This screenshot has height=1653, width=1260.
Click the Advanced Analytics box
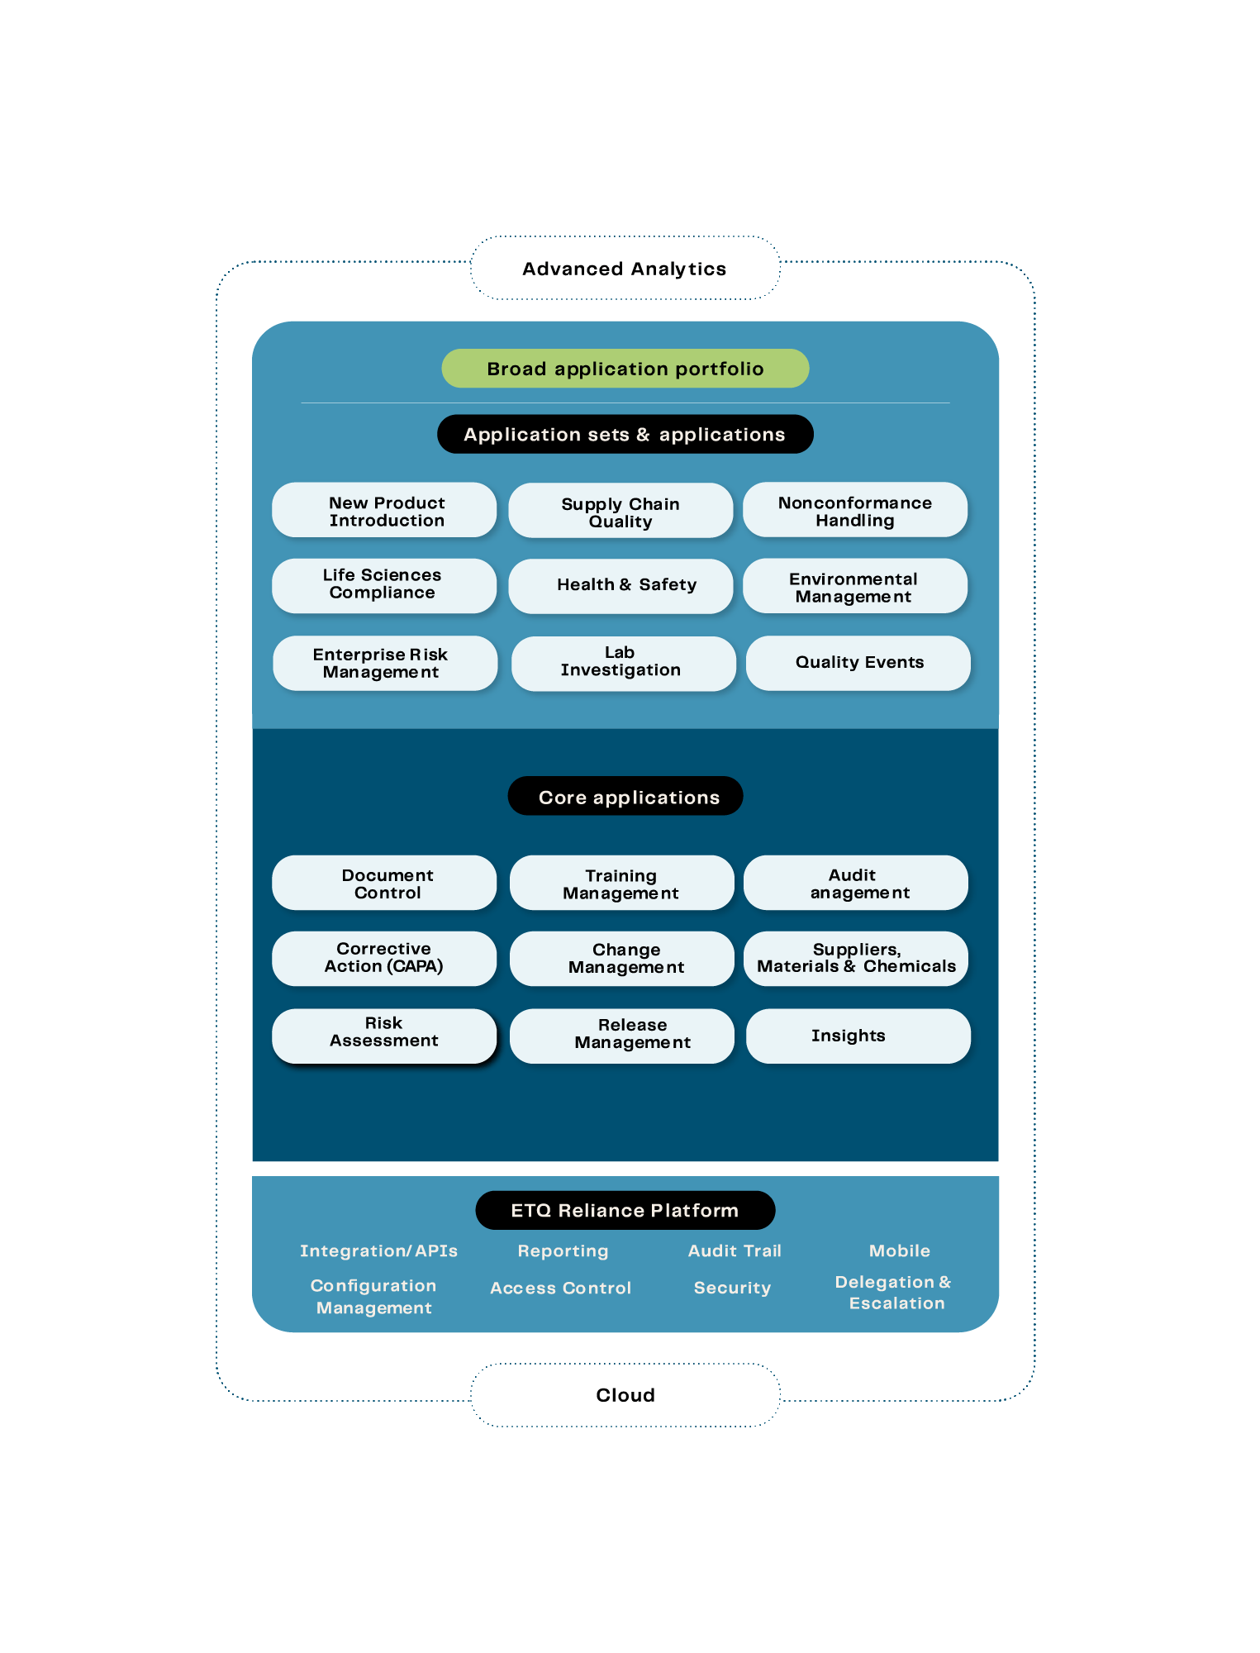click(x=625, y=269)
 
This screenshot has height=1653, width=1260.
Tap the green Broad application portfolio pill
click(x=625, y=369)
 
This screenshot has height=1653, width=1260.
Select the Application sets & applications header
click(x=625, y=435)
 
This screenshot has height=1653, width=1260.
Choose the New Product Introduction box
click(x=384, y=511)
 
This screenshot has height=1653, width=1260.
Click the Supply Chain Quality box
click(x=620, y=512)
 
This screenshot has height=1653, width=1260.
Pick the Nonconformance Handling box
click(x=855, y=511)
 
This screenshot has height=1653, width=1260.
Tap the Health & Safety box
click(x=620, y=586)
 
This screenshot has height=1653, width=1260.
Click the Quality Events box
click(x=858, y=663)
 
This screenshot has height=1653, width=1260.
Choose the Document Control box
click(x=384, y=884)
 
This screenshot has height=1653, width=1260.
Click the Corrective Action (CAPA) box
click(x=384, y=959)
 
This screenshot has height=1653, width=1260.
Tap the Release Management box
click(x=621, y=1036)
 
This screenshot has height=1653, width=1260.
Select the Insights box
click(x=858, y=1036)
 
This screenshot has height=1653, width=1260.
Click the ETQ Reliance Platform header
click(x=625, y=1211)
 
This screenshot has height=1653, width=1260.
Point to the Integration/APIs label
click(x=378, y=1251)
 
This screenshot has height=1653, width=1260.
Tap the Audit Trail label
click(x=735, y=1251)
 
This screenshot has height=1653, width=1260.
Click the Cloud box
click(x=625, y=1395)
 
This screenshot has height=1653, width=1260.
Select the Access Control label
click(x=560, y=1288)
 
